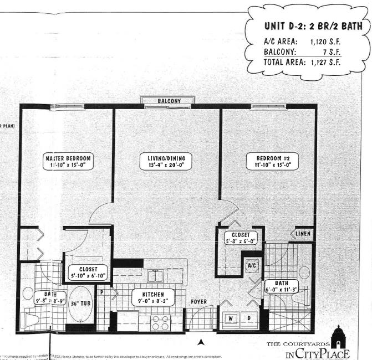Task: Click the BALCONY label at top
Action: coord(167,101)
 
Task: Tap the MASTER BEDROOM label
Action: coord(68,157)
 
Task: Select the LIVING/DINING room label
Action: coord(166,157)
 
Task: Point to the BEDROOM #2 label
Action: coord(272,157)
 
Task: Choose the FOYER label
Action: coord(198,302)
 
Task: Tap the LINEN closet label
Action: coord(302,234)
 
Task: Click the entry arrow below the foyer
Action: coord(201,341)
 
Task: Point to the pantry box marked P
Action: coord(102,289)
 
